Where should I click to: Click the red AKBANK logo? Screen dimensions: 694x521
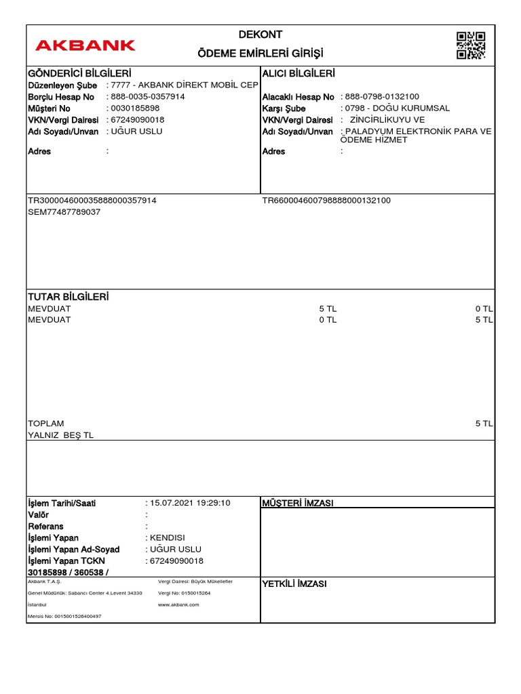85,45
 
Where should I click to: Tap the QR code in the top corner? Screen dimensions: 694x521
471,45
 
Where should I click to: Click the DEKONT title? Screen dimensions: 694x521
260,35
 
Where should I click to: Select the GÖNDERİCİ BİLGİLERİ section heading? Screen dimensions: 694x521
79,73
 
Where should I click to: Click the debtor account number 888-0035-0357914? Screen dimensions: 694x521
147,97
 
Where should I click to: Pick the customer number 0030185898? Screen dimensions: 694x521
135,108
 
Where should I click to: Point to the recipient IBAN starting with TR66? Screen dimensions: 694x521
326,201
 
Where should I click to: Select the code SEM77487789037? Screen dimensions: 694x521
64,212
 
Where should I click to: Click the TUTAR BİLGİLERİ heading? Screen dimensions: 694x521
68,297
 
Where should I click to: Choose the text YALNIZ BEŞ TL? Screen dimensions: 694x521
60,435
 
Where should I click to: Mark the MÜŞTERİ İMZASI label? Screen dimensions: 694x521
297,503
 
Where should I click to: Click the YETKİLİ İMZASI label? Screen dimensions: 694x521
294,584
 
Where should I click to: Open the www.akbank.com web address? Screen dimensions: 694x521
178,604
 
